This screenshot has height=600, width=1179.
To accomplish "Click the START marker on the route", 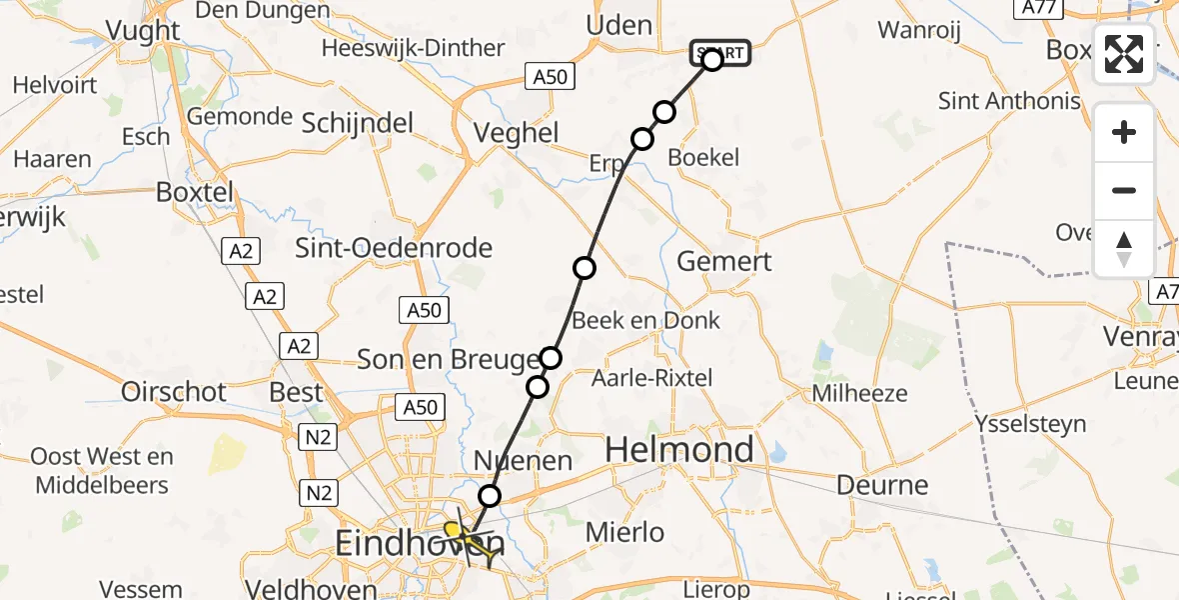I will coord(719,53).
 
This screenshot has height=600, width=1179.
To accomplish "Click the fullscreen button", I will coord(1124,54).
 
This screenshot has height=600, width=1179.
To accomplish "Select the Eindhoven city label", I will coord(418,545).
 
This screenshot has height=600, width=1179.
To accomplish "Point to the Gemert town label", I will coord(724,262).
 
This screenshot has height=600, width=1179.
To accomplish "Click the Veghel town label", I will coord(516,134).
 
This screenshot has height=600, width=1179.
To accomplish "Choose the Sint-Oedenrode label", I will coord(394,248).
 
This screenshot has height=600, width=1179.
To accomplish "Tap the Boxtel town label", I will coord(195,192).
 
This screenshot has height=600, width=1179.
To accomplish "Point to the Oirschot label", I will coord(174,392).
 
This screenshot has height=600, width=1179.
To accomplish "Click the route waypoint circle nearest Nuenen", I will coord(490,495).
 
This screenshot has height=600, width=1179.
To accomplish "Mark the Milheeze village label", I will coord(859,393).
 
